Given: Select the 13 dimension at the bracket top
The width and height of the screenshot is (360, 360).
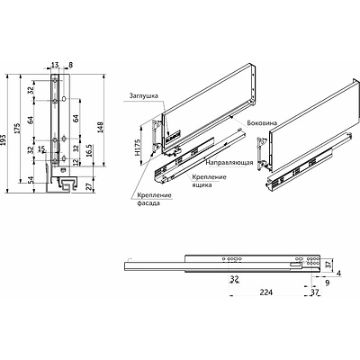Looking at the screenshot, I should (55, 65).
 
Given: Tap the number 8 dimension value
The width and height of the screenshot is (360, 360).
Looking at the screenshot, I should (70, 65).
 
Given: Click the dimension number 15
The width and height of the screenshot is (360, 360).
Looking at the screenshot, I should (40, 148).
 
